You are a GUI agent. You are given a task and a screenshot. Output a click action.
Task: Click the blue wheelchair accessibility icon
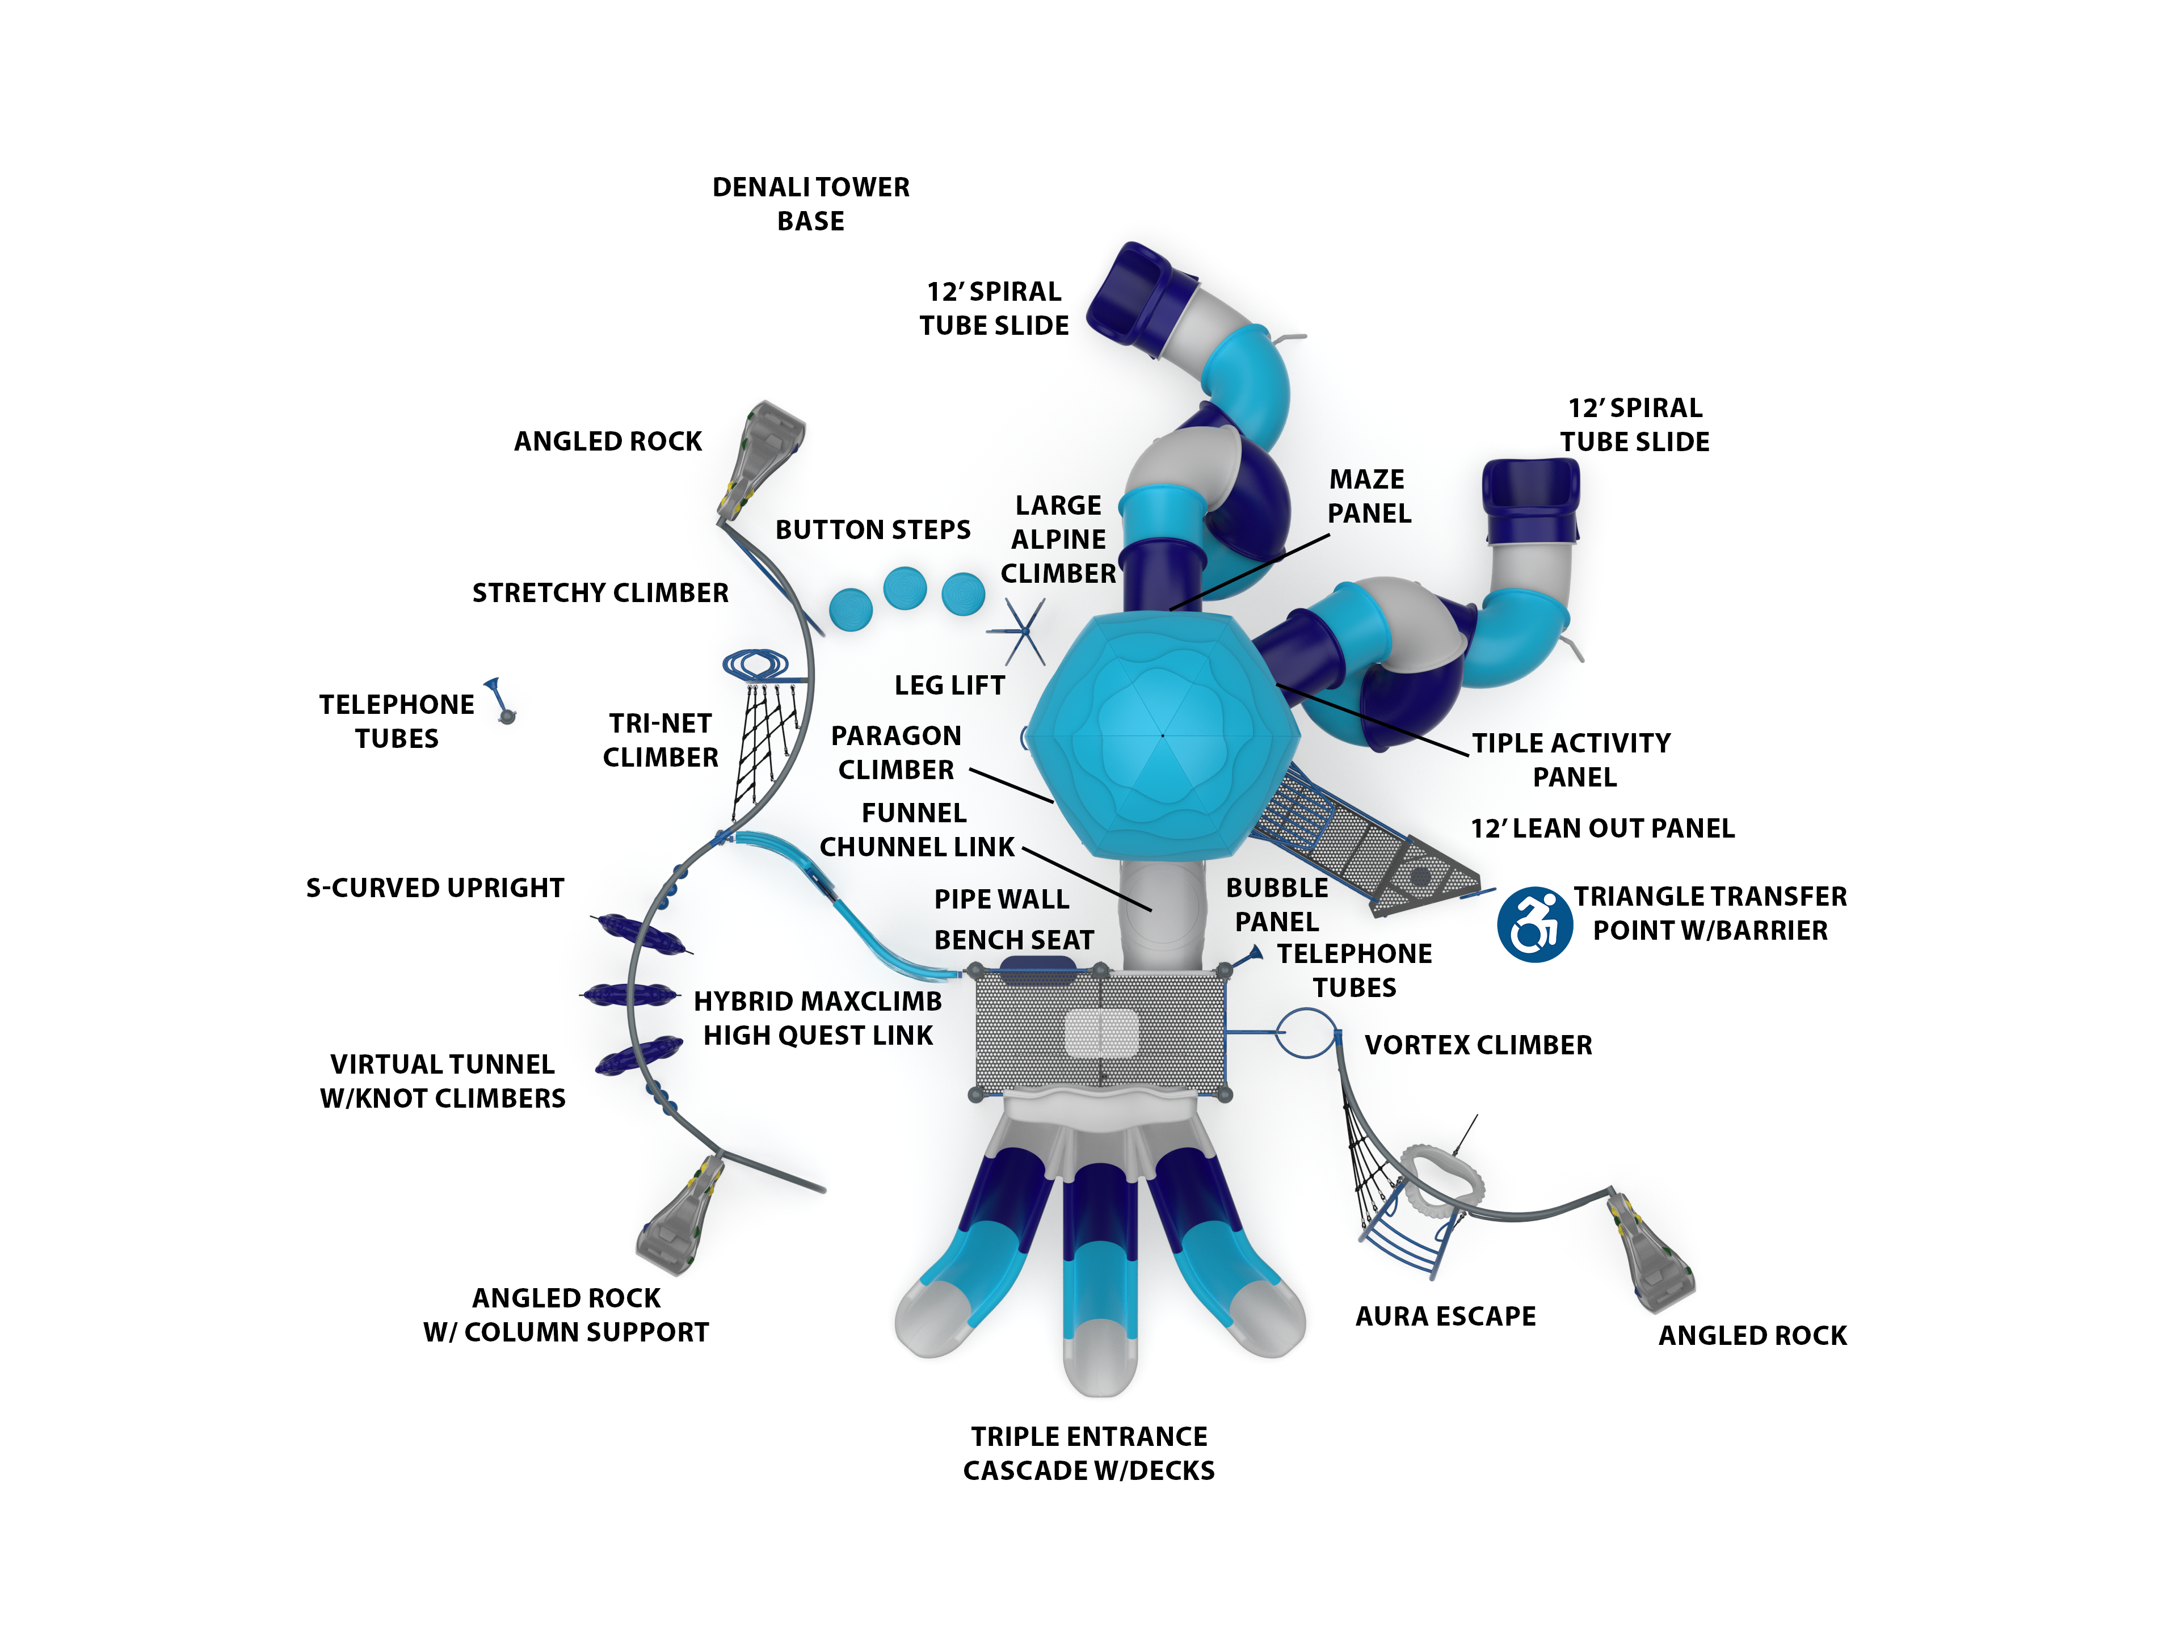[1534, 924]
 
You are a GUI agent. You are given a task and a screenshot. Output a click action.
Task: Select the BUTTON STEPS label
[873, 530]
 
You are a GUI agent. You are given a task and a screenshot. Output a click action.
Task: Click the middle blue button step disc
[905, 588]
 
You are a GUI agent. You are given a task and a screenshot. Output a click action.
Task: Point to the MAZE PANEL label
[1368, 497]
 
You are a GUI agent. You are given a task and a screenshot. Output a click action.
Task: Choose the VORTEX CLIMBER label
[1478, 1045]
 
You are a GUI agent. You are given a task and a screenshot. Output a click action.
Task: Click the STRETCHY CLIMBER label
[600, 593]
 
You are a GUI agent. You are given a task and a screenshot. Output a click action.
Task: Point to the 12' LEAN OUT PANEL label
[1602, 828]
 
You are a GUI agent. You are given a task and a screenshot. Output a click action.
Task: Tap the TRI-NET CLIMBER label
[660, 740]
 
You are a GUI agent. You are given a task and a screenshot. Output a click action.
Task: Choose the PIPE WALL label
[1001, 899]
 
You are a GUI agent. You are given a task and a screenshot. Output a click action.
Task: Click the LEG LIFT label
[949, 685]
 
